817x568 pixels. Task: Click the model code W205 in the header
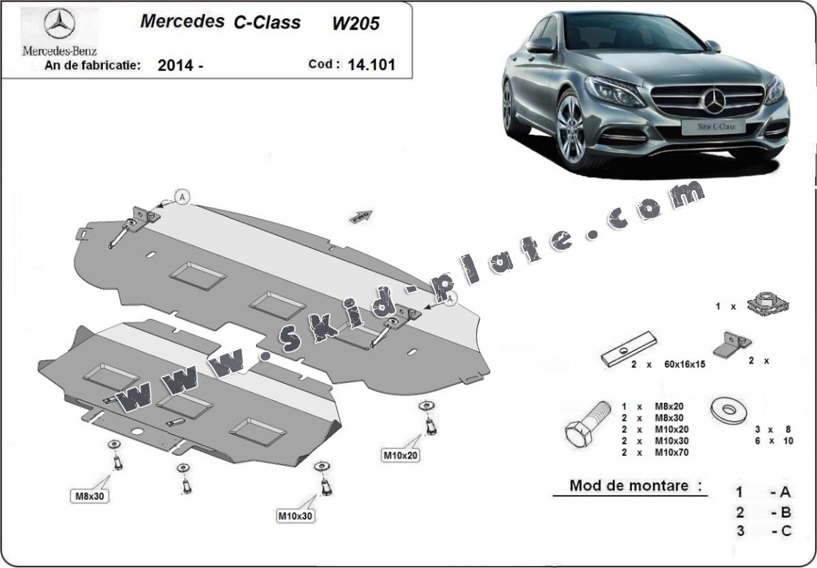(x=355, y=23)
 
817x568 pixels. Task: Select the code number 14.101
(x=371, y=65)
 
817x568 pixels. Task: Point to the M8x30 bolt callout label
(x=90, y=496)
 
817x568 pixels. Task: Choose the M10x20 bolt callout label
(x=401, y=455)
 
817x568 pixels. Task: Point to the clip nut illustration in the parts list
(x=770, y=304)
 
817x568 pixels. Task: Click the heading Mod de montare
(x=629, y=486)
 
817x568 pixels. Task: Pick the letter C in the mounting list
(x=787, y=530)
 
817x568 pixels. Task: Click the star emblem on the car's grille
(x=714, y=102)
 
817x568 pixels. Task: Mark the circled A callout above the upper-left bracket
(x=183, y=198)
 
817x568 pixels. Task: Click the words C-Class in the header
(x=267, y=22)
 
